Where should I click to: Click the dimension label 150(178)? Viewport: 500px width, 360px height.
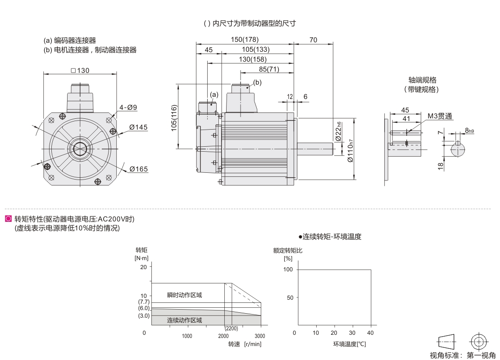pyautogui.click(x=246, y=40)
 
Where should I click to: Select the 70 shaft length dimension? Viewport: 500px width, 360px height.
pyautogui.click(x=313, y=40)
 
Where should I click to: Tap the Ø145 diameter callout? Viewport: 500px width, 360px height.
pyautogui.click(x=138, y=127)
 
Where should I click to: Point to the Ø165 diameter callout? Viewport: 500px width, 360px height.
pyautogui.click(x=138, y=169)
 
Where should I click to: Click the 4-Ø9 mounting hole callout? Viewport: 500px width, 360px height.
pyautogui.click(x=128, y=107)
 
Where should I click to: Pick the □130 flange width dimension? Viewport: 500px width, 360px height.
pyautogui.click(x=80, y=70)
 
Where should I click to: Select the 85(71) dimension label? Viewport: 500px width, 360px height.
pyautogui.click(x=269, y=69)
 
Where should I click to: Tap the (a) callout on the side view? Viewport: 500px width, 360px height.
pyautogui.click(x=214, y=94)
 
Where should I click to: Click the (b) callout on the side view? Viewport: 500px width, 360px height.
pyautogui.click(x=257, y=82)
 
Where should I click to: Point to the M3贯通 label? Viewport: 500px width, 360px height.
pyautogui.click(x=440, y=116)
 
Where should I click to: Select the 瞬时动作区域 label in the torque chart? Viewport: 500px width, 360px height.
pyautogui.click(x=185, y=295)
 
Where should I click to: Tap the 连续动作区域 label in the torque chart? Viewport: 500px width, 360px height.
pyautogui.click(x=185, y=320)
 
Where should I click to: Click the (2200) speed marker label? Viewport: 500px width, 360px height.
pyautogui.click(x=231, y=328)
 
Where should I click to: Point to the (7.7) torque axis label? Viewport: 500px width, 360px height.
pyautogui.click(x=144, y=301)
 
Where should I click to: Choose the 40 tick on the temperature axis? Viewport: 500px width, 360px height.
pyautogui.click(x=371, y=333)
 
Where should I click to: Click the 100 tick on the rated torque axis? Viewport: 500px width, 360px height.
pyautogui.click(x=288, y=270)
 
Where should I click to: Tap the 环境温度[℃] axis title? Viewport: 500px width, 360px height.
pyautogui.click(x=350, y=344)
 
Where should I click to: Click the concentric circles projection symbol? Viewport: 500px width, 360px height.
pyautogui.click(x=478, y=341)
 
